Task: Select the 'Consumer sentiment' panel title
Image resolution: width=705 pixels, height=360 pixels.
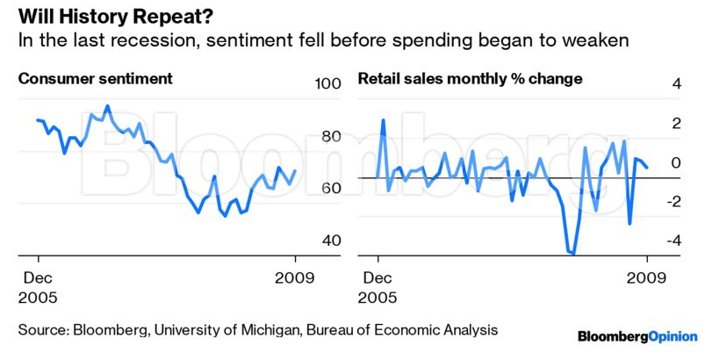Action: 96,79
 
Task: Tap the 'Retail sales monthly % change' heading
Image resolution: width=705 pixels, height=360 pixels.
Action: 470,79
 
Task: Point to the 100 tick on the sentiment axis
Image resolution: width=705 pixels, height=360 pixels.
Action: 326,85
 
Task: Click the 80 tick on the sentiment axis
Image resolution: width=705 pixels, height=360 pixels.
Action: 329,137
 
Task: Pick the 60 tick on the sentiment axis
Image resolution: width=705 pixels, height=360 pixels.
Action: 329,189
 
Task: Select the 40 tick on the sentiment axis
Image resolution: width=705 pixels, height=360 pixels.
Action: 329,241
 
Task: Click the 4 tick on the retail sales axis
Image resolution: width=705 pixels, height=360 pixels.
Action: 675,85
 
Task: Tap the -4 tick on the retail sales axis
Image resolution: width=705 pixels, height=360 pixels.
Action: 672,241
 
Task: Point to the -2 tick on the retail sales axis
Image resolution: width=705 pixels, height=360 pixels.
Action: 672,202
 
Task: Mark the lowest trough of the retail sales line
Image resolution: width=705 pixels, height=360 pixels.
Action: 573,254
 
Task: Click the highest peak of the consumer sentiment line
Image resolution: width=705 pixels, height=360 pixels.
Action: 107,106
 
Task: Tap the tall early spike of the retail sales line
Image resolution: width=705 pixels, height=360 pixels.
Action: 383,119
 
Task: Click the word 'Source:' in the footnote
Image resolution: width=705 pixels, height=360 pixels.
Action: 45,330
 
